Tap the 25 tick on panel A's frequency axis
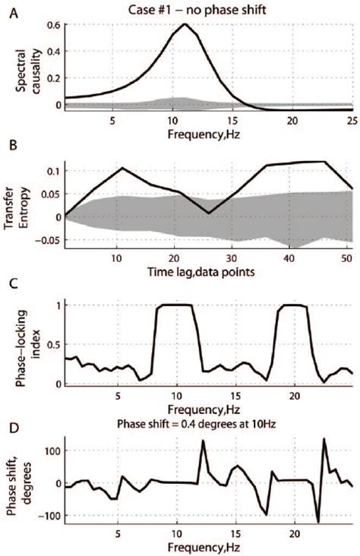352,120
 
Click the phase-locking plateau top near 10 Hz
176,305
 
